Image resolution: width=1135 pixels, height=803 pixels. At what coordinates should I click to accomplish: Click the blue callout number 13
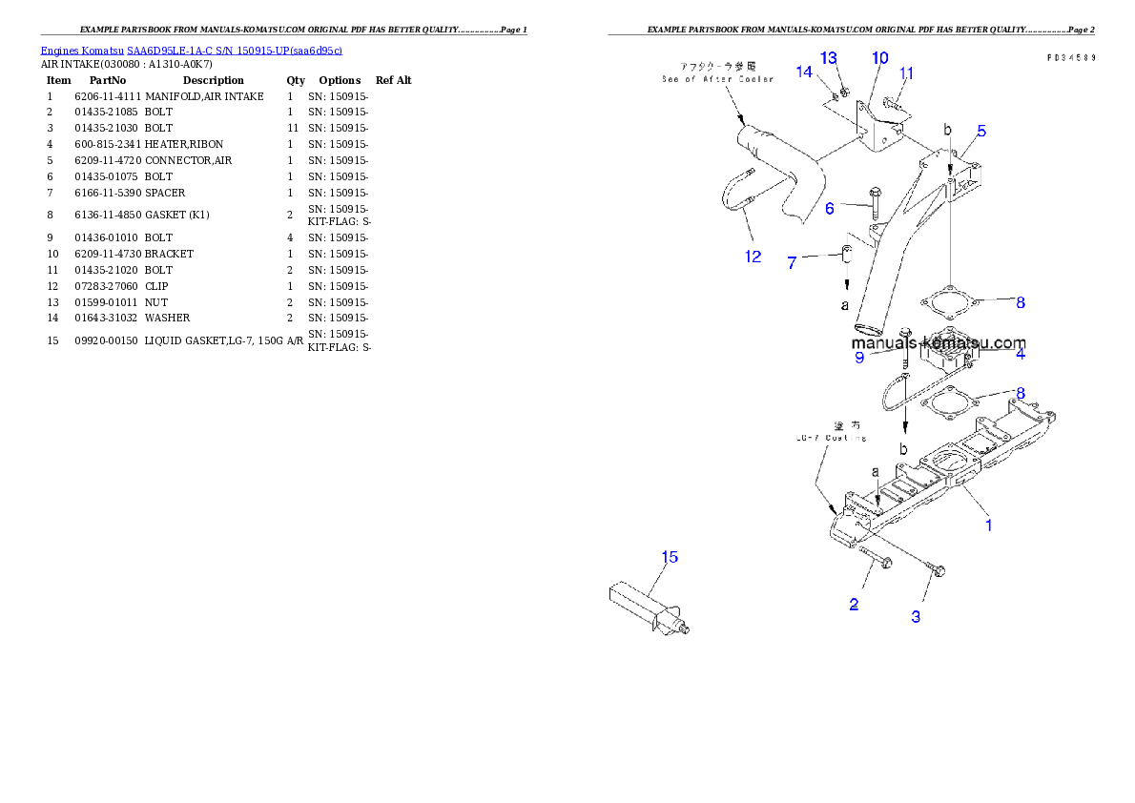(828, 58)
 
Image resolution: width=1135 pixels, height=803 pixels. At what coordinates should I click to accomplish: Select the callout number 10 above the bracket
(879, 58)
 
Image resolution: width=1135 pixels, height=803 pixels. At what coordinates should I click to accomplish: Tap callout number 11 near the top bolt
(906, 73)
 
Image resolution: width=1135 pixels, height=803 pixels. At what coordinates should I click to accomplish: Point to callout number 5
(981, 131)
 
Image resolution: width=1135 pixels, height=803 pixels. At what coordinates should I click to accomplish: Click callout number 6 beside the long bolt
(830, 208)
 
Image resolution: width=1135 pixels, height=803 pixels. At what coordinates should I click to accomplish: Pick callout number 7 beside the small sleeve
(792, 262)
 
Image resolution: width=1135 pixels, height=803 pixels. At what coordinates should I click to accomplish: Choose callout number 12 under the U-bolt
(753, 256)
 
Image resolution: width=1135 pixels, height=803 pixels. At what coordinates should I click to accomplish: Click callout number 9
(859, 358)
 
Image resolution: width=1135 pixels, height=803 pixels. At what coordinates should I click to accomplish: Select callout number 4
(1021, 354)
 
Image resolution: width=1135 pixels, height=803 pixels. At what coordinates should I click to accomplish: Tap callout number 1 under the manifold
(989, 525)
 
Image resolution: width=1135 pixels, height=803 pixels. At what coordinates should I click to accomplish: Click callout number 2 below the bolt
(854, 604)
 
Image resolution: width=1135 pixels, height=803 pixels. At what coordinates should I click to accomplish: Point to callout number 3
(916, 616)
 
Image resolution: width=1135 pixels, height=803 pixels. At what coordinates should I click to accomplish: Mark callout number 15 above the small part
(671, 557)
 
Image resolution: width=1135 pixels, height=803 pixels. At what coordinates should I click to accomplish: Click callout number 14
(805, 72)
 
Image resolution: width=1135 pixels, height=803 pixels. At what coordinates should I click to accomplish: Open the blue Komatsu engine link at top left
(191, 50)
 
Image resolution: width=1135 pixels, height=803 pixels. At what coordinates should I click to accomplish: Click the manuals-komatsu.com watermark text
(939, 343)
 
